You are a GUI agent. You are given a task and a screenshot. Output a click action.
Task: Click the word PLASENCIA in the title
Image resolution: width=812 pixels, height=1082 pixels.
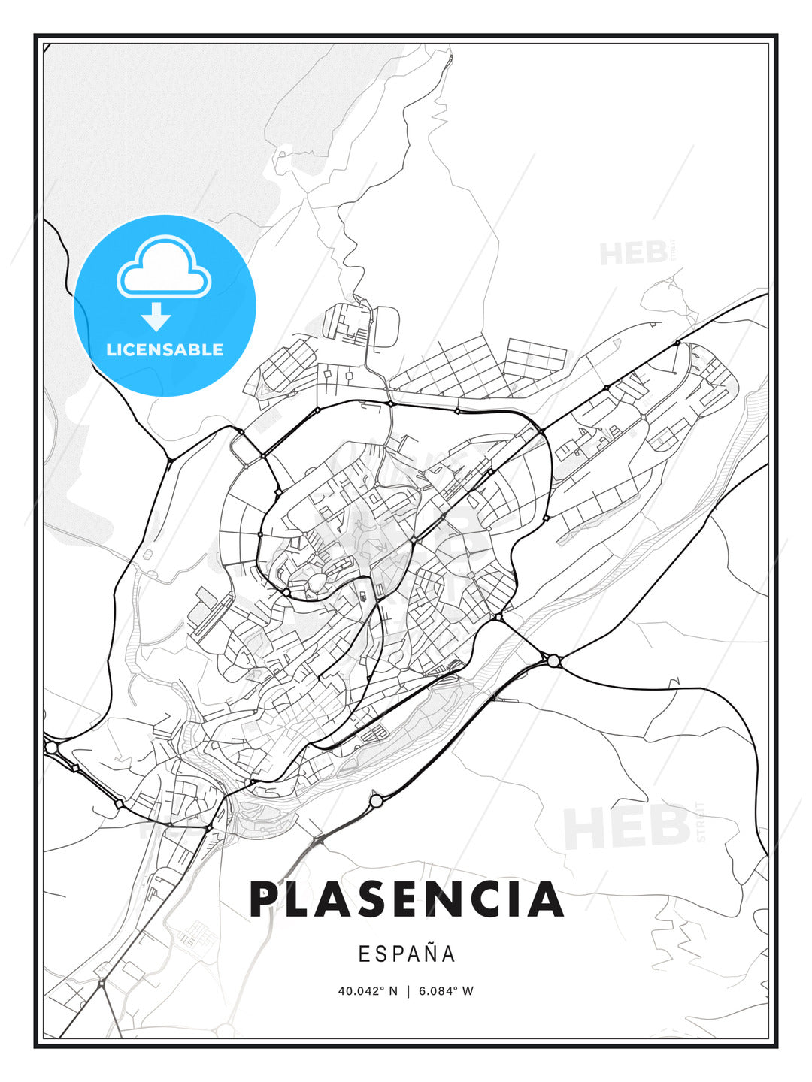point(406,899)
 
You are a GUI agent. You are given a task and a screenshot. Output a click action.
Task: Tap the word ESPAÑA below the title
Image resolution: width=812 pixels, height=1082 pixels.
point(407,954)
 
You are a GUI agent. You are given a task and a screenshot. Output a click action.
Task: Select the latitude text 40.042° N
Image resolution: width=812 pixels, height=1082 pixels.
point(368,991)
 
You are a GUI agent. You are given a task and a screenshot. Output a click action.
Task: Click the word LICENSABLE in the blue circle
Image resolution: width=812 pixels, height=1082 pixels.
point(165,349)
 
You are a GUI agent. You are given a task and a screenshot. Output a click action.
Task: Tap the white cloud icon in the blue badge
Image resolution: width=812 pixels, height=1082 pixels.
point(163,267)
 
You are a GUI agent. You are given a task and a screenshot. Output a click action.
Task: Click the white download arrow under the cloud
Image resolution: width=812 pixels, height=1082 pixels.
point(156,317)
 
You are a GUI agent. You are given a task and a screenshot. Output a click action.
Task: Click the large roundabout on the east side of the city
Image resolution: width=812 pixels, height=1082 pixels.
point(554,660)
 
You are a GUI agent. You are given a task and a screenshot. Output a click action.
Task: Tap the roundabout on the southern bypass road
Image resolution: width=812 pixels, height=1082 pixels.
point(376,802)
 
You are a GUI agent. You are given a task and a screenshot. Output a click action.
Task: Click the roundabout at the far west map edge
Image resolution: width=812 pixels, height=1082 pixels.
point(51,748)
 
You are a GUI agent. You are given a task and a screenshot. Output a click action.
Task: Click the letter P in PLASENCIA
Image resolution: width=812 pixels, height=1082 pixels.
point(265,899)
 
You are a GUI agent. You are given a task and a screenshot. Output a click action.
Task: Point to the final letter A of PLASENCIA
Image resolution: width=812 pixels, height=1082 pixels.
point(546,899)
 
